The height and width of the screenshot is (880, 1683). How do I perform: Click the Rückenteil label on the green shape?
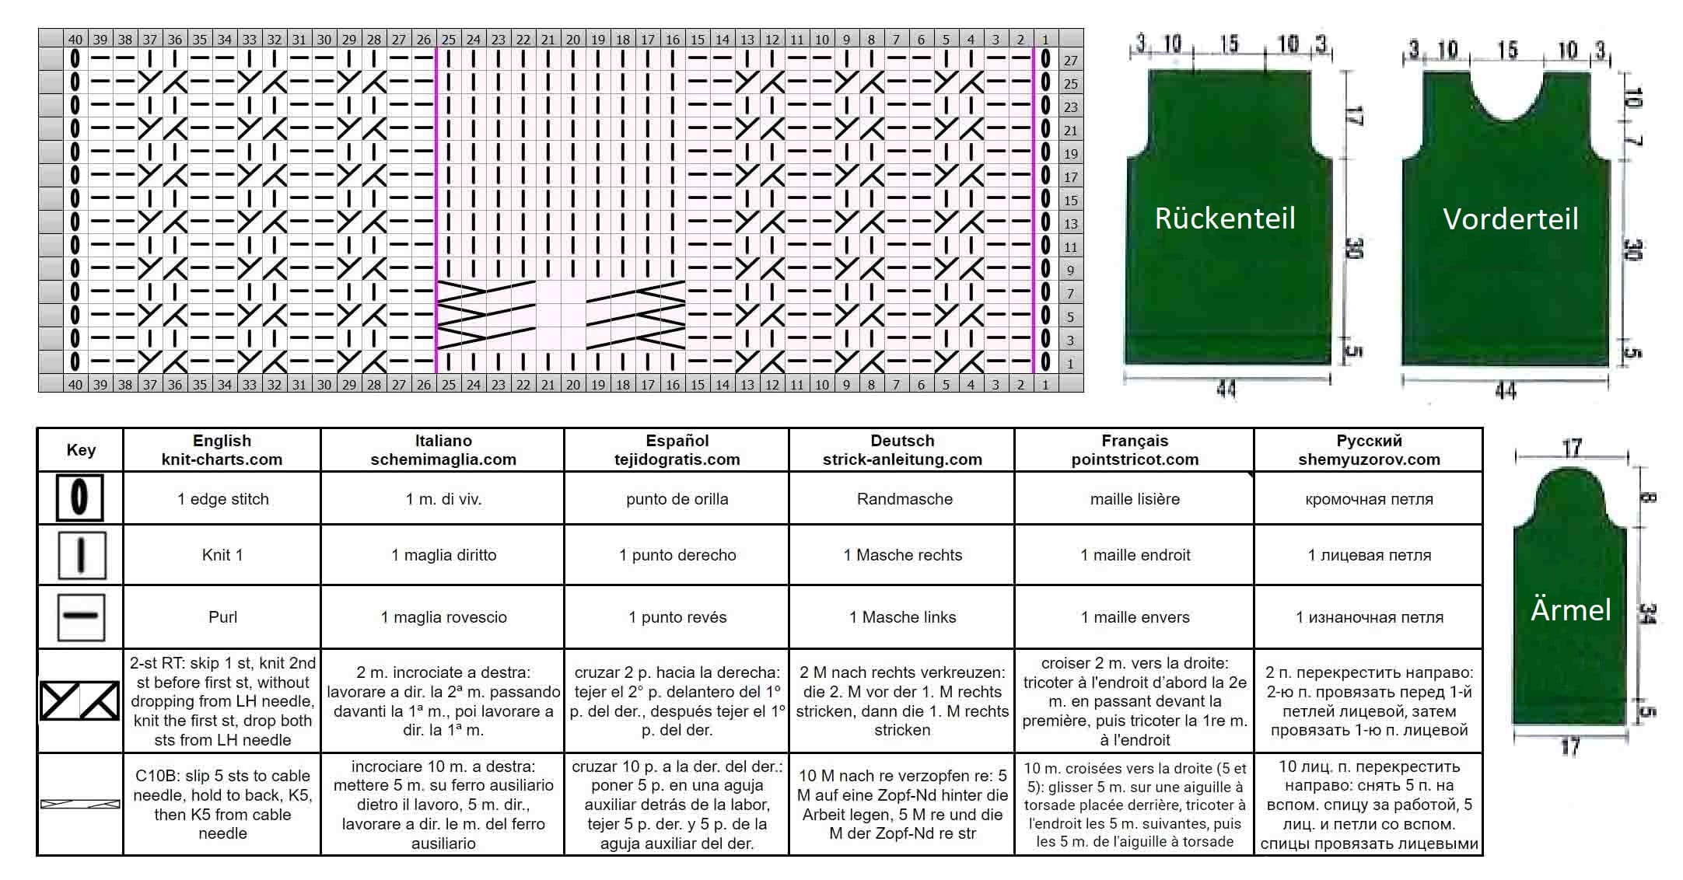pyautogui.click(x=1225, y=218)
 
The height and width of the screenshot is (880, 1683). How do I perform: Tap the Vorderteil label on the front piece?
pyautogui.click(x=1510, y=219)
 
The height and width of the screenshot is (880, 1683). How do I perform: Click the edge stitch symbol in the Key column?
pyautogui.click(x=80, y=498)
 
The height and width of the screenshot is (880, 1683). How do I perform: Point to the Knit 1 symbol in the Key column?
pyautogui.click(x=82, y=555)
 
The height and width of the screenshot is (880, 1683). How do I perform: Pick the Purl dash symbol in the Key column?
pyautogui.click(x=82, y=616)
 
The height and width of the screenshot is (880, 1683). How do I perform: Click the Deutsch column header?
pyautogui.click(x=902, y=450)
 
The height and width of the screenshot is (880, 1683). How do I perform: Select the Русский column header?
pyautogui.click(x=1369, y=450)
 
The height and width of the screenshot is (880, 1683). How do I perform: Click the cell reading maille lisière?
pyautogui.click(x=1135, y=499)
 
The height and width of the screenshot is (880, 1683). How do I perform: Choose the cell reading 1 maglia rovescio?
pyautogui.click(x=443, y=617)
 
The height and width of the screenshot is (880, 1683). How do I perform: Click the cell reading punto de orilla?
pyautogui.click(x=677, y=499)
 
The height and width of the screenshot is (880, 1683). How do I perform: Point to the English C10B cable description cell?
pyautogui.click(x=222, y=805)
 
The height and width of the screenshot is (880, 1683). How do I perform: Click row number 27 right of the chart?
pyautogui.click(x=1071, y=61)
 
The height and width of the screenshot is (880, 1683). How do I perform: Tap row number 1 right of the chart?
pyautogui.click(x=1071, y=363)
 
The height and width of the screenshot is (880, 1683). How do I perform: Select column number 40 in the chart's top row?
pyautogui.click(x=75, y=39)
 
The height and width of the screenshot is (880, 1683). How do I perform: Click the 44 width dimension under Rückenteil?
pyautogui.click(x=1226, y=389)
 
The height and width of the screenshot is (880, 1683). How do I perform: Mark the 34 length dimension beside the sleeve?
pyautogui.click(x=1647, y=614)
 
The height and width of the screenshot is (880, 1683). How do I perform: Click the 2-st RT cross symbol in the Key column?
pyautogui.click(x=80, y=700)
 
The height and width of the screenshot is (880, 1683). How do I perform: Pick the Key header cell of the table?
pyautogui.click(x=81, y=450)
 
